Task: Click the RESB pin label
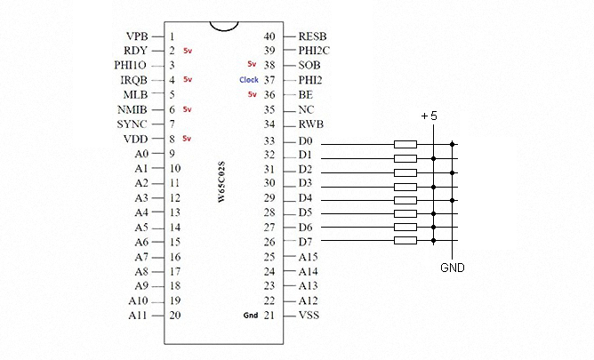[x=313, y=36]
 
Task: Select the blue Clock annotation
[x=249, y=80]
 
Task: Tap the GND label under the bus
[x=452, y=267]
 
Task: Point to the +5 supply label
[x=429, y=116]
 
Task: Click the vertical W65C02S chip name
[x=221, y=183]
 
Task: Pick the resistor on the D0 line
[x=405, y=143]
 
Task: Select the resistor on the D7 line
[x=405, y=240]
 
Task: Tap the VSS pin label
[x=309, y=316]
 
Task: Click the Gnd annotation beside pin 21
[x=250, y=316]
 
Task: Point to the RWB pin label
[x=311, y=124]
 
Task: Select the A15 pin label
[x=309, y=257]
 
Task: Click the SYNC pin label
[x=134, y=124]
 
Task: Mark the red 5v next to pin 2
[x=187, y=52]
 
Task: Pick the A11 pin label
[x=139, y=316]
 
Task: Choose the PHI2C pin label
[x=315, y=51]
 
